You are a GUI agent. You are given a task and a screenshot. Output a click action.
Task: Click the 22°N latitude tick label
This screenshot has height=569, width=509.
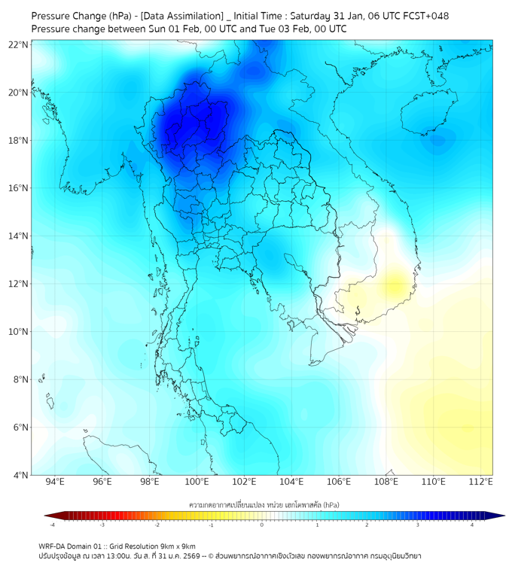tap(19, 44)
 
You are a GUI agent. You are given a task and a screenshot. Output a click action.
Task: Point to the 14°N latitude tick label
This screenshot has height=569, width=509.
tap(19, 236)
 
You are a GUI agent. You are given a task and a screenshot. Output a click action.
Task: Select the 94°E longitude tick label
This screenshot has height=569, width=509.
tap(55, 482)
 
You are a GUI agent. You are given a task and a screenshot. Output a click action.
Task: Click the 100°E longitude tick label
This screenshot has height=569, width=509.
tap(197, 482)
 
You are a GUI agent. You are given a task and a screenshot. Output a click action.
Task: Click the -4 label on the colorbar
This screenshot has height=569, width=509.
tap(52, 525)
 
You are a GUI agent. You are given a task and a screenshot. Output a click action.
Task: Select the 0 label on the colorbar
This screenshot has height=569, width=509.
tap(262, 525)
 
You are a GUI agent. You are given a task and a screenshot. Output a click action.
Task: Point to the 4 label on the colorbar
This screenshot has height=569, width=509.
tap(472, 525)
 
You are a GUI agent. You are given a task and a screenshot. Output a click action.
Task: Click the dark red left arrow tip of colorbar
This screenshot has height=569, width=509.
tap(47, 516)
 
